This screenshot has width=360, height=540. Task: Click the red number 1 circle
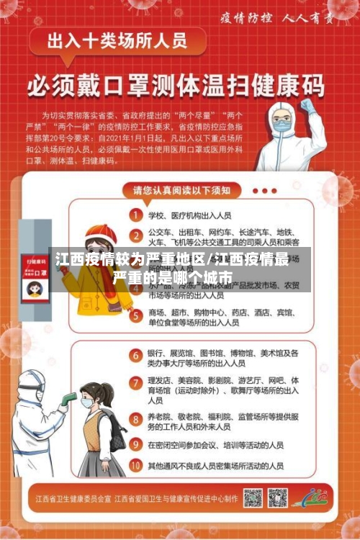tap(135, 214)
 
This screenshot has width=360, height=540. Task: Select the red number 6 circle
tap(135, 354)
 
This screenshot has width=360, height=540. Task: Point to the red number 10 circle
tap(135, 466)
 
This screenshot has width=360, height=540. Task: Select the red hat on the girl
tap(101, 233)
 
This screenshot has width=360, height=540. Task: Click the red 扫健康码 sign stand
tap(34, 277)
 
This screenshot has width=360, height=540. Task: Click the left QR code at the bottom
tap(253, 498)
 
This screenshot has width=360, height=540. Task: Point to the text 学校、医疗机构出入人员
tap(189, 215)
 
